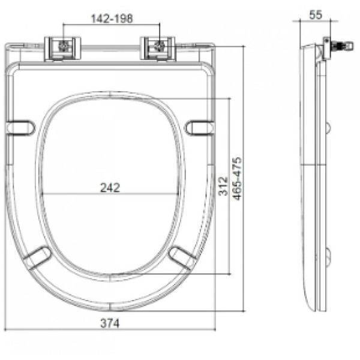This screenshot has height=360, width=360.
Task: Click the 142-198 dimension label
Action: pos(112,19)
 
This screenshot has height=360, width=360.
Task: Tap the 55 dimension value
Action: pos(316,15)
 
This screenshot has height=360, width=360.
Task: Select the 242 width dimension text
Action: pos(110,188)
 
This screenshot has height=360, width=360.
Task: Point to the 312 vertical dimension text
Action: pos(223,186)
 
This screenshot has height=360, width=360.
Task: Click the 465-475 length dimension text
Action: pos(237,179)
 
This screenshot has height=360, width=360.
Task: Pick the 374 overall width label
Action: pos(110,323)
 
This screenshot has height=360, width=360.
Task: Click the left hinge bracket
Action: pos(62,49)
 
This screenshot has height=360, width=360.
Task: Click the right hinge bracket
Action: pos(158,49)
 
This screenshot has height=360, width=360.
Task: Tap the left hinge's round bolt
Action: pos(63,46)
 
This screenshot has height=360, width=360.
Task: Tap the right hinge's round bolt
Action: pos(159,46)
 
